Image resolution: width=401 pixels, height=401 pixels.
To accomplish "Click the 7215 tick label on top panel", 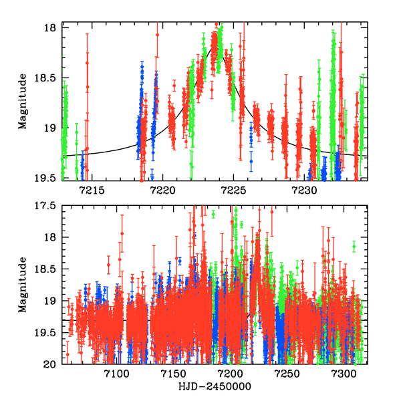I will tap(92, 190).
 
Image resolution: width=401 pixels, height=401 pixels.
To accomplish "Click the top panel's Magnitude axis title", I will tap(23, 102).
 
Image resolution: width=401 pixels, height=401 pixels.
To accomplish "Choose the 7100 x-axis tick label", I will tap(117, 376).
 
